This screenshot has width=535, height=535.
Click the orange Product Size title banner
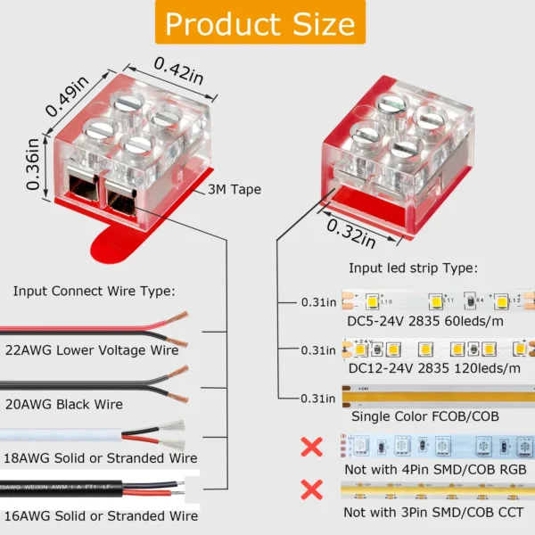click(260, 23)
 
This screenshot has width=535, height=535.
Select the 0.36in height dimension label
click(33, 163)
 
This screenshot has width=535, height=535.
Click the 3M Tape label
click(235, 189)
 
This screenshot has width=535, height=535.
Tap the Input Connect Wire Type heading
click(94, 291)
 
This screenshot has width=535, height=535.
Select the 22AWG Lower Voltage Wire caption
click(104, 350)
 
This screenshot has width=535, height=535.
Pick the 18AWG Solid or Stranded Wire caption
click(100, 458)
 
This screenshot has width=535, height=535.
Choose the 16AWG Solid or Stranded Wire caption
click(100, 515)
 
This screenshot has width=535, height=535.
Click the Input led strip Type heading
click(413, 267)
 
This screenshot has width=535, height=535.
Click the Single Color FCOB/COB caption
click(424, 416)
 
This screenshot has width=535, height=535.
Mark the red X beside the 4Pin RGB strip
click(311, 446)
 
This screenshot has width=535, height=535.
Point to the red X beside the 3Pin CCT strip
click(311, 490)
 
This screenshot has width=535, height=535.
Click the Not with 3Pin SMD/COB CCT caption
click(434, 513)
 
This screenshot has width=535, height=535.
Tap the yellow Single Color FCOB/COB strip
click(437, 393)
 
